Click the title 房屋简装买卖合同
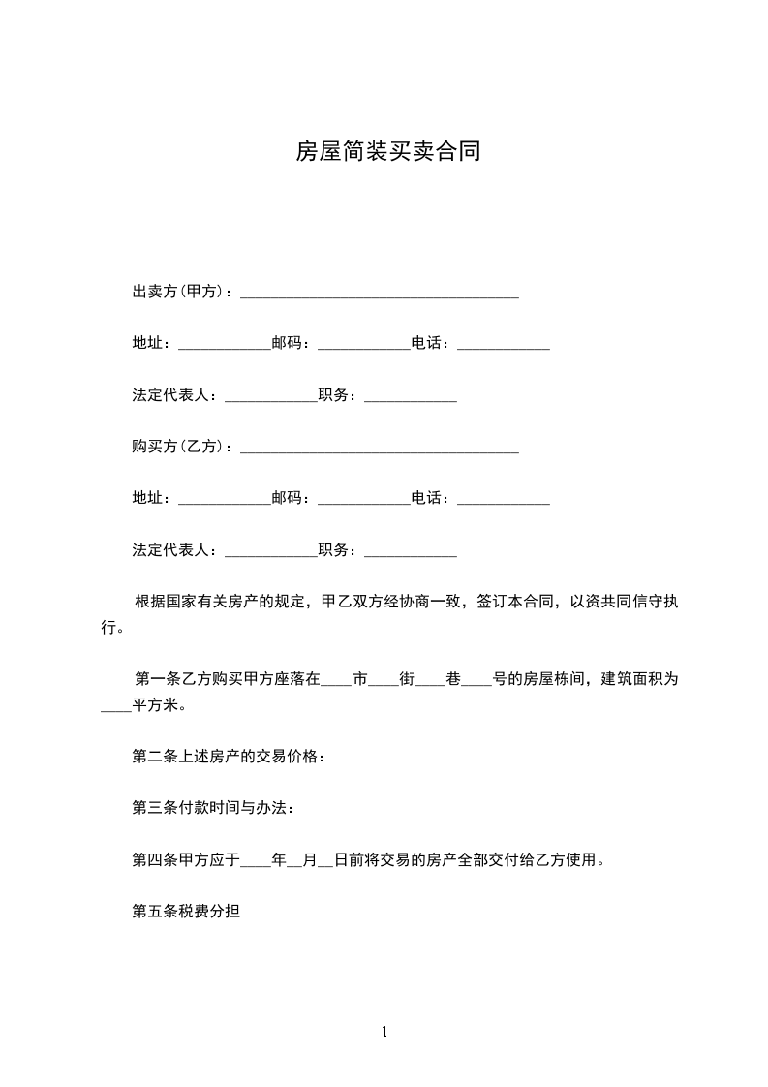pos(387,152)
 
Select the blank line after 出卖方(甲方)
pos(379,294)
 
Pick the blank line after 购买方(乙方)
pos(379,450)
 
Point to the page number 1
pos(384,1032)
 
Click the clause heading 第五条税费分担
pos(186,912)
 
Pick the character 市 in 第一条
pos(359,678)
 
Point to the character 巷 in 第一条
pos(453,678)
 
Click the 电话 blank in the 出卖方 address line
pos(503,346)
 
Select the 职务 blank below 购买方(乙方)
pos(410,553)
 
